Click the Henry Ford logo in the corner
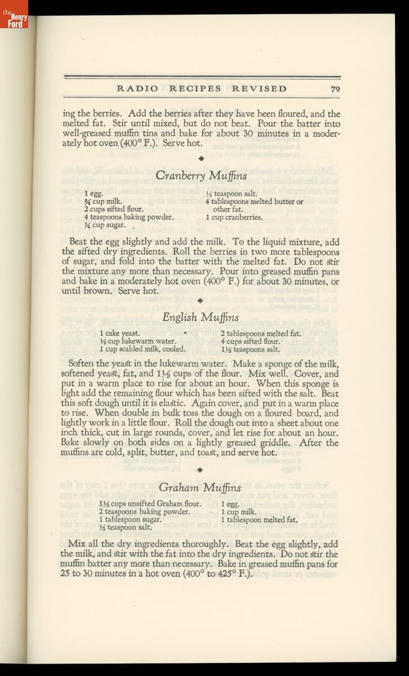pos(14,15)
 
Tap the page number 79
pos(335,88)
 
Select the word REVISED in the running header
pos(259,88)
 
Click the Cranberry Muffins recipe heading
pos(201,176)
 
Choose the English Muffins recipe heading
pos(201,318)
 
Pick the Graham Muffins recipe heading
pos(200,487)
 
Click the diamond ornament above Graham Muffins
pos(201,469)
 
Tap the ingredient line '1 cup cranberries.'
pos(234,217)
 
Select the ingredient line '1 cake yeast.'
pos(119,333)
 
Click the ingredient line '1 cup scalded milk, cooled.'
pos(142,349)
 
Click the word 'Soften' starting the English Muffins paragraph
pos(82,364)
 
